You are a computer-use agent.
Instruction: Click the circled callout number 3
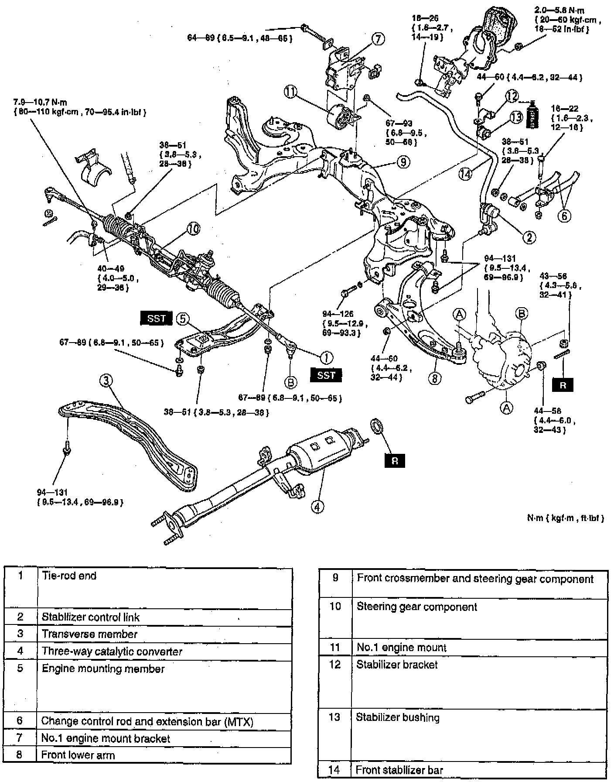[106, 381]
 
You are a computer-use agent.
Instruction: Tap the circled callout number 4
[318, 506]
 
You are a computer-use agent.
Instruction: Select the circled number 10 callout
[194, 228]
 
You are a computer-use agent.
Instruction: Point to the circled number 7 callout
[378, 39]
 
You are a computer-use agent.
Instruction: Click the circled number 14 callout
[466, 174]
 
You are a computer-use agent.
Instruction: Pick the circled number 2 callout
[529, 237]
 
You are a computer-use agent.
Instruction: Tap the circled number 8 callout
[435, 378]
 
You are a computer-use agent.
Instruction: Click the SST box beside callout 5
[156, 319]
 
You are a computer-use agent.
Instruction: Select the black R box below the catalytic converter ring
[395, 461]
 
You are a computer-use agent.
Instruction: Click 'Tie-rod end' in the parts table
[69, 576]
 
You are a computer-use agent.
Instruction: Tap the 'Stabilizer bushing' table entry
[398, 717]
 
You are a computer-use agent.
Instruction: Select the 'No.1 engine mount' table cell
[401, 648]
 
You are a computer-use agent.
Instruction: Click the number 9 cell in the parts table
[335, 578]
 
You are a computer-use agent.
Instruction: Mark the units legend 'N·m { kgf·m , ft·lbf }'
[565, 518]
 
